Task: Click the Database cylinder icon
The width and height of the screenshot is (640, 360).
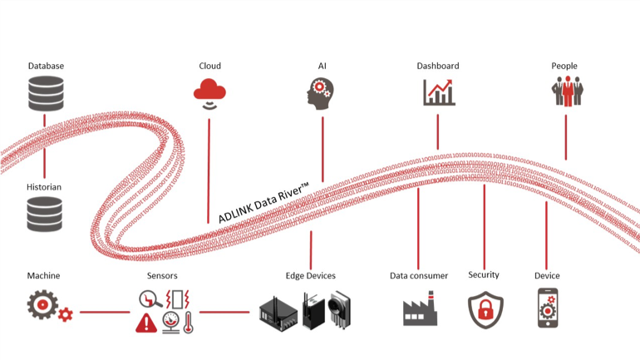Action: [45, 93]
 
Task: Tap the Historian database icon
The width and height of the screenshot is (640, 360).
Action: [45, 214]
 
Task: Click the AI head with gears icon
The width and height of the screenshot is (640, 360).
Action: [322, 93]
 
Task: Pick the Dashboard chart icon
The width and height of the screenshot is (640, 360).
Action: [438, 92]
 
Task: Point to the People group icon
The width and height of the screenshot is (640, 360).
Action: [566, 91]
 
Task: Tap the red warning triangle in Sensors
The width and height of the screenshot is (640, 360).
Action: [146, 323]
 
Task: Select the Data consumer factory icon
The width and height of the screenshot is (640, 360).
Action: [420, 311]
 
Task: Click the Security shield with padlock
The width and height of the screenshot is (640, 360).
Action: [484, 310]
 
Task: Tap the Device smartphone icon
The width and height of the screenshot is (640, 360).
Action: [548, 310]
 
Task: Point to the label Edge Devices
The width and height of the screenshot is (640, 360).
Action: [310, 275]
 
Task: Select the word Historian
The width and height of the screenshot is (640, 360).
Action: [44, 187]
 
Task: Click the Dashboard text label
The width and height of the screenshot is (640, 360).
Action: [437, 66]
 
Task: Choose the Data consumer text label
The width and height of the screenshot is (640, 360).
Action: [419, 275]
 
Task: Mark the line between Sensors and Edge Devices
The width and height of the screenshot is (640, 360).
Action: [224, 313]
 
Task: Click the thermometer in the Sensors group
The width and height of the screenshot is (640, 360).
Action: [188, 323]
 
